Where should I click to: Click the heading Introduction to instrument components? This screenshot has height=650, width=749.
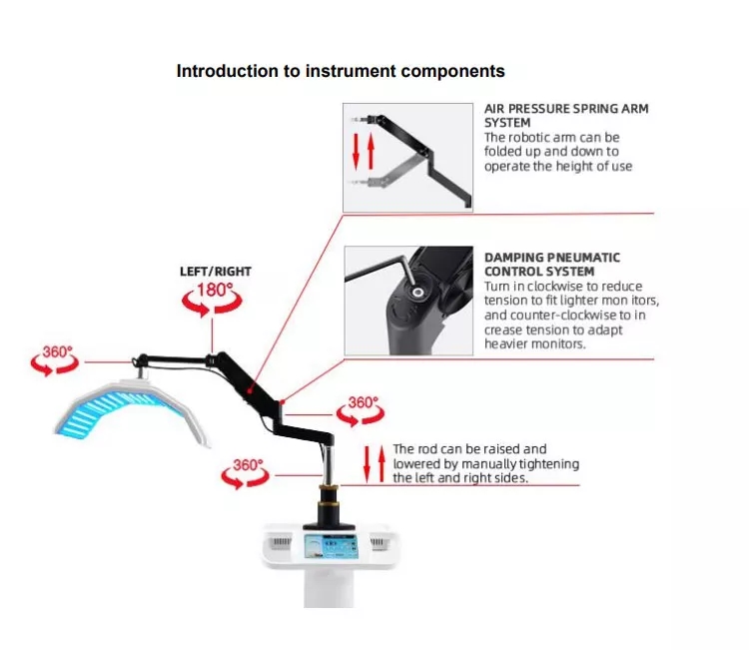pyautogui.click(x=341, y=71)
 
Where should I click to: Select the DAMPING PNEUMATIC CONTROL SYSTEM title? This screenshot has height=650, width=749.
pyautogui.click(x=551, y=264)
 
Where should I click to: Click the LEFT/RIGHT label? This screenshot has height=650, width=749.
pyautogui.click(x=215, y=271)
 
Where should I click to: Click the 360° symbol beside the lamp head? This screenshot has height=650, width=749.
pyautogui.click(x=55, y=358)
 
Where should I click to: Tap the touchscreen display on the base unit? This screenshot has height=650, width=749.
pyautogui.click(x=330, y=548)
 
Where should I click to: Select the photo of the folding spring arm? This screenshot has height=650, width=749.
pyautogui.click(x=407, y=157)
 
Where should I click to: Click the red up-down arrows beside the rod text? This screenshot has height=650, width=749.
pyautogui.click(x=374, y=463)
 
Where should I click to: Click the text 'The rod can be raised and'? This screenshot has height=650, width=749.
pyautogui.click(x=469, y=449)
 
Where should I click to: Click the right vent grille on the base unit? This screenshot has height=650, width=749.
pyautogui.click(x=379, y=541)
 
